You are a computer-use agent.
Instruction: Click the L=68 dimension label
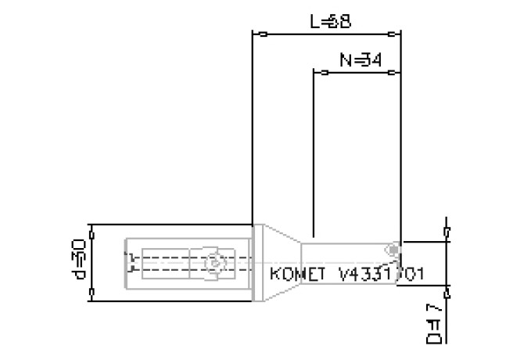pos(330,22)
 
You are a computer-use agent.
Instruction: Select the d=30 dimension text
pos(79,260)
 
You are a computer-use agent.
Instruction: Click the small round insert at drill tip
pos(393,249)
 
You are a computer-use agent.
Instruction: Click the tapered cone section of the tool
pos(280,263)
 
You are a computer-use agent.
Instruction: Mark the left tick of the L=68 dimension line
pos(264,34)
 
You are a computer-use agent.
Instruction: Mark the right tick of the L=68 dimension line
pos(390,34)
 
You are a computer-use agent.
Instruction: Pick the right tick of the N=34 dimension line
pos(390,72)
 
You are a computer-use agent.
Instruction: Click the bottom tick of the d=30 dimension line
pos(92,291)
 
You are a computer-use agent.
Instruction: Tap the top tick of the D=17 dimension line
pos(447,231)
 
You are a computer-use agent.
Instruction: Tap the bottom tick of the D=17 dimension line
pos(447,294)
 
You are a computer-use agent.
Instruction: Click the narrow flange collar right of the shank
pos(257,263)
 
